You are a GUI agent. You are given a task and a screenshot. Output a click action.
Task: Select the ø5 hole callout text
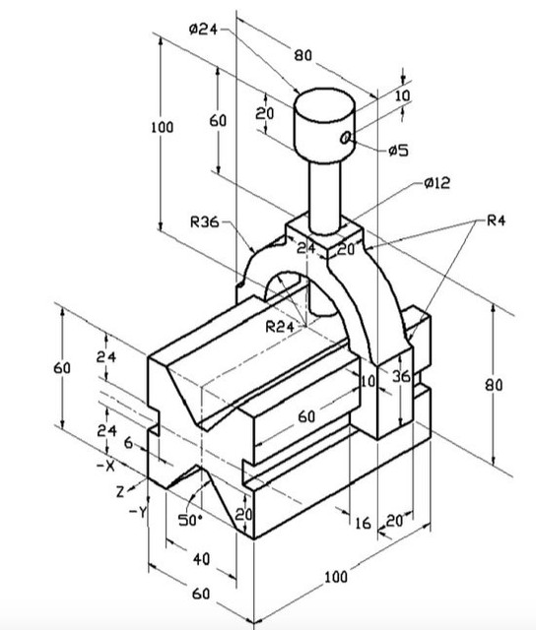pos(398,151)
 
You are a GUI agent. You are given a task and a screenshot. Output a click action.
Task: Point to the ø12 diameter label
pos(435,184)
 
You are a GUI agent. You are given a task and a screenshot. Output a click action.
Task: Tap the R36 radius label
pos(205,222)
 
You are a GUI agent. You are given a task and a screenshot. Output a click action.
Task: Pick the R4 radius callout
pos(497,221)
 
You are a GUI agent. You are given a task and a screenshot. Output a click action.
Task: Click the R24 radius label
pos(280,327)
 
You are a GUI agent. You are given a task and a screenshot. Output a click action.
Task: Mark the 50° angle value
pos(190,519)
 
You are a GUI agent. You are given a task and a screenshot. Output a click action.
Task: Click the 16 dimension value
pos(363,523)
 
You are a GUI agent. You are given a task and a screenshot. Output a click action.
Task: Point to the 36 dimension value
pos(400,376)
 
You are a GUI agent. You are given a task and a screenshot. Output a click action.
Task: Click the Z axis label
pos(120,489)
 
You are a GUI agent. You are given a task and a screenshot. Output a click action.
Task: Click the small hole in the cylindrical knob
pos(346,139)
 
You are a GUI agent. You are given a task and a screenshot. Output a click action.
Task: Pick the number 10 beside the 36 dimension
pos(368,381)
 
